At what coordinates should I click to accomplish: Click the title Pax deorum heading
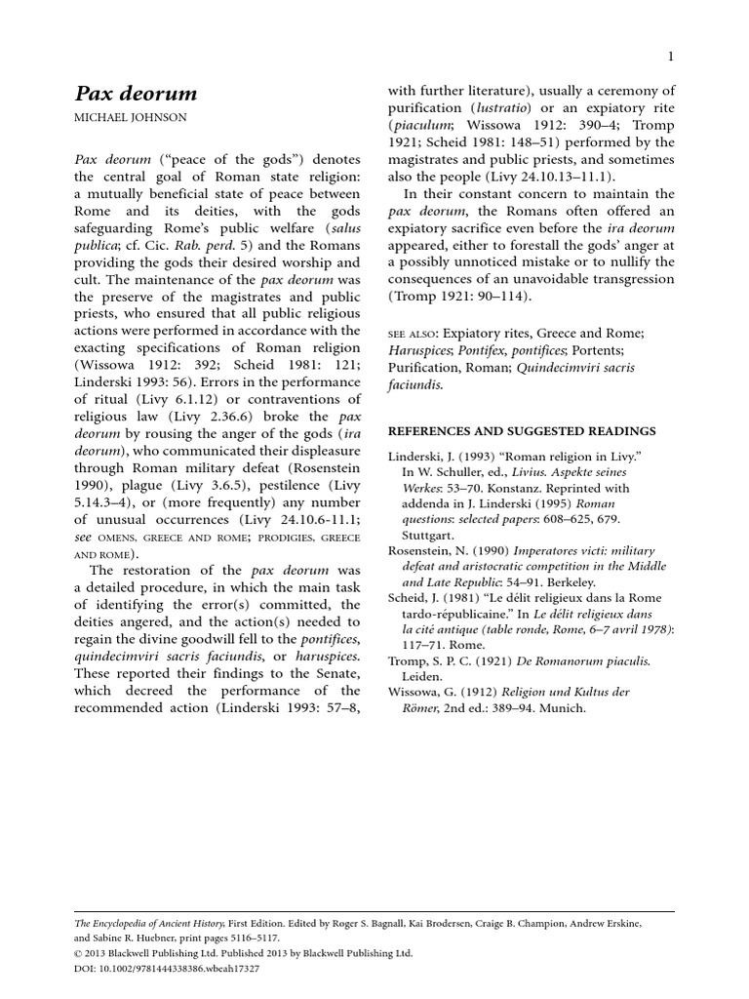[136, 95]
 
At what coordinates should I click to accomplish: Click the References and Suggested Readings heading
[522, 430]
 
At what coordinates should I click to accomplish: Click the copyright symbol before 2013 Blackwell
[79, 953]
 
